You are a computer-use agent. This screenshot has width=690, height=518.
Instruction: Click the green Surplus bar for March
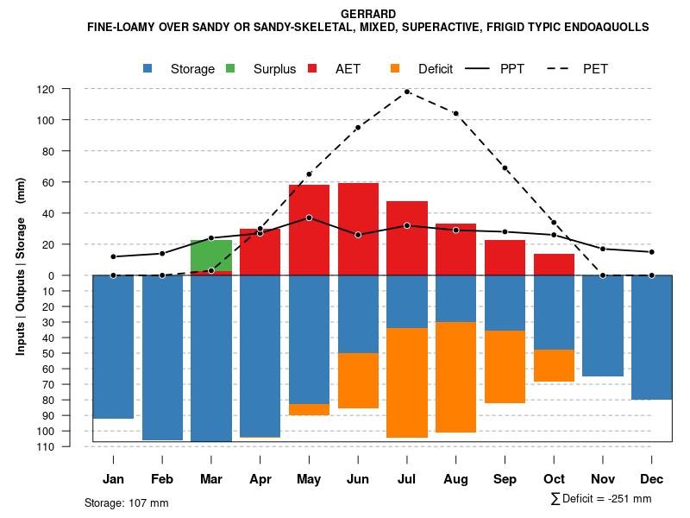coord(211,256)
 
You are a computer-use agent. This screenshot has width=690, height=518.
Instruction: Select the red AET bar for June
coord(358,229)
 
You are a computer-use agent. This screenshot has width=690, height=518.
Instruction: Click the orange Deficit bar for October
coord(554,366)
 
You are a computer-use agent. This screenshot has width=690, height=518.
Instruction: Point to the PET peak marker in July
coord(407,92)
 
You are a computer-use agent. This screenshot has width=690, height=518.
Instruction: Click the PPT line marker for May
coord(309,218)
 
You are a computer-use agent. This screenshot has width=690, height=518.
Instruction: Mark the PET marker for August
coord(455,113)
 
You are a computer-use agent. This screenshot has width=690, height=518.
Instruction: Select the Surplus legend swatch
coord(231,68)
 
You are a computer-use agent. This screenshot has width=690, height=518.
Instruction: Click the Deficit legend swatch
coord(396,68)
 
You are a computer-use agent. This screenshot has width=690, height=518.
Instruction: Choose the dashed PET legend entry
coord(560,68)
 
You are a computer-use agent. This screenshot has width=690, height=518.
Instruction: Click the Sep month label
coord(505,479)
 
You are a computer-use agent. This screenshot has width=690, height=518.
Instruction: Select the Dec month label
coord(652,479)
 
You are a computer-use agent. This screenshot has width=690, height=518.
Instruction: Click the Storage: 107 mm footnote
coord(127,502)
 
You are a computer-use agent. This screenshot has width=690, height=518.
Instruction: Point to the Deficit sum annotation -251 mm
coord(601,499)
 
